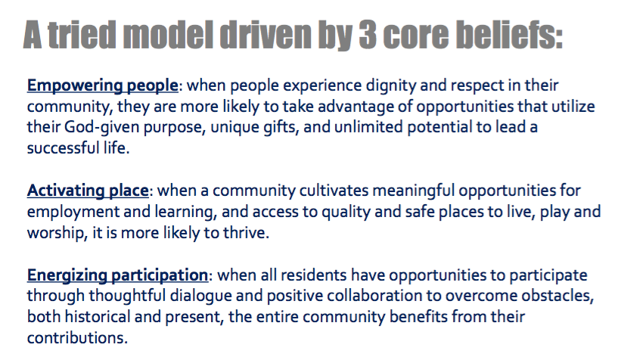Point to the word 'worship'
[x=55, y=233]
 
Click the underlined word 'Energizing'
[x=67, y=275]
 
